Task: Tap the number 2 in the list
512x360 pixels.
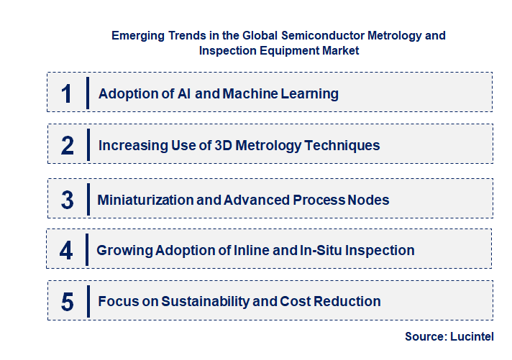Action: (x=68, y=146)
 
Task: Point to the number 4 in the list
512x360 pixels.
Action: (x=67, y=251)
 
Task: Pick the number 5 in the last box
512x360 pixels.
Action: (x=68, y=302)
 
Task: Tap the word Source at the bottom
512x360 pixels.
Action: (x=423, y=336)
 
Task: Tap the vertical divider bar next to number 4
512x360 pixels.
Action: (x=87, y=249)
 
